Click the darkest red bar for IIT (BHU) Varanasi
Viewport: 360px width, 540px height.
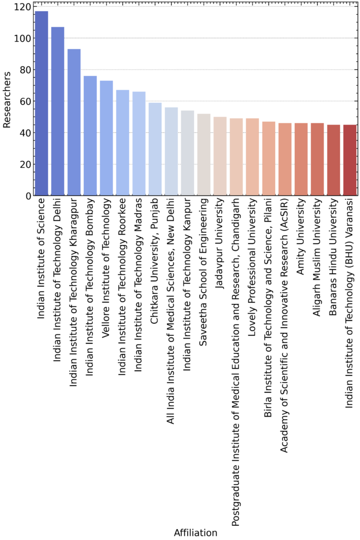point(350,160)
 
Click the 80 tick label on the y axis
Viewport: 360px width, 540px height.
point(23,70)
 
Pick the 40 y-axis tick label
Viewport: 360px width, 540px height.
point(23,133)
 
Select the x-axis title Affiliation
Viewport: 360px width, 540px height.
point(196,533)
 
